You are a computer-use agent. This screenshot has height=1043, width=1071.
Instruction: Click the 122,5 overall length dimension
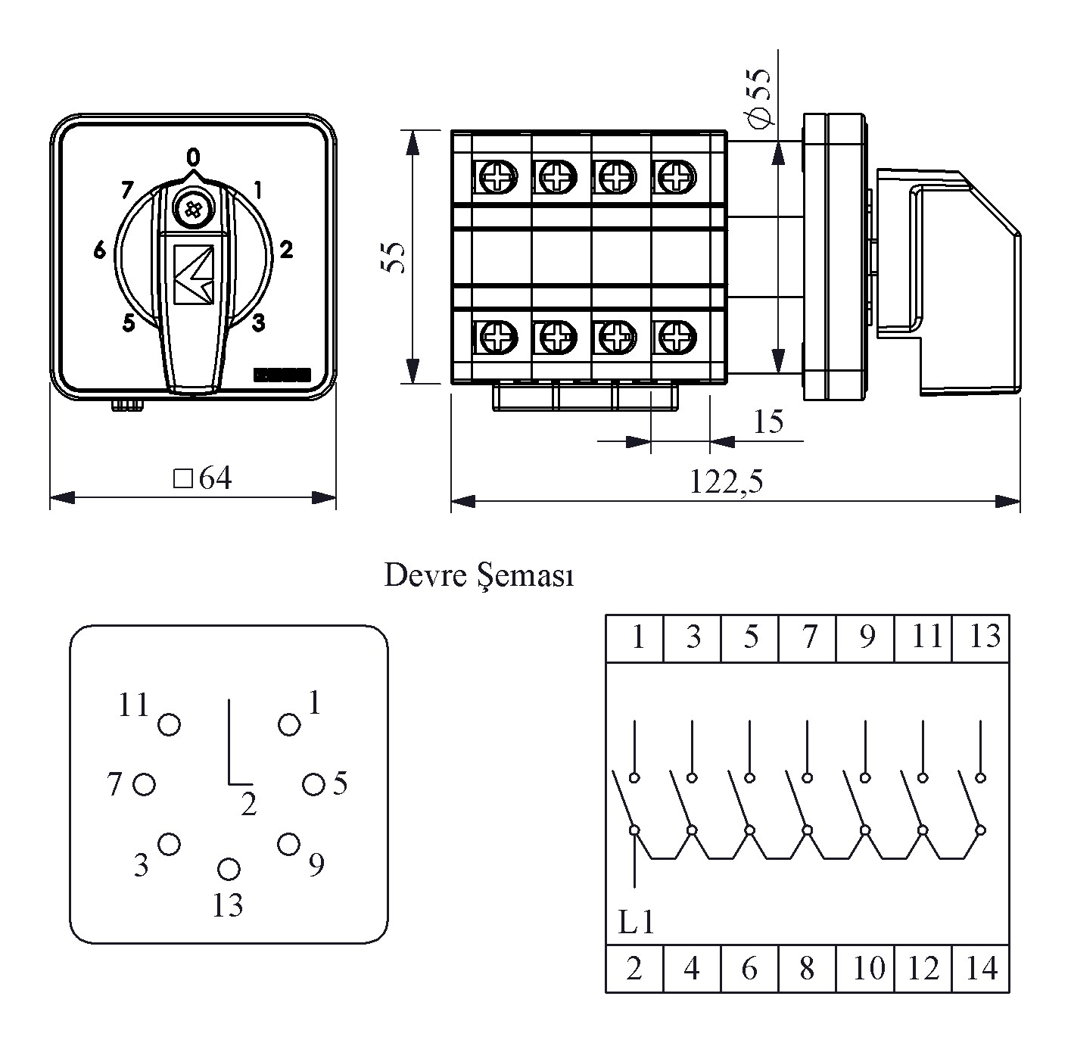[726, 481]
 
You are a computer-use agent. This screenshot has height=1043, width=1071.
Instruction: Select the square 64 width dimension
[203, 478]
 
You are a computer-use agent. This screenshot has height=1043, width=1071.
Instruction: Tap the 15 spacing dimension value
[768, 422]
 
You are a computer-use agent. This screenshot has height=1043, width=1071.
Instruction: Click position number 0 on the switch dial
[194, 157]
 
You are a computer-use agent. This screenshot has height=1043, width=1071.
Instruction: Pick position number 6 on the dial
[100, 250]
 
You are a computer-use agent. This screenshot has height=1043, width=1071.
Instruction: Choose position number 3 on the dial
[258, 323]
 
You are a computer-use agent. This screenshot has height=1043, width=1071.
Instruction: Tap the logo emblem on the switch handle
[194, 275]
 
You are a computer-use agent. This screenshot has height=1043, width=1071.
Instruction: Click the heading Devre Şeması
[479, 576]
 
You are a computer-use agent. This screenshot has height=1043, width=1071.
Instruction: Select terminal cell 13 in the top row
[982, 637]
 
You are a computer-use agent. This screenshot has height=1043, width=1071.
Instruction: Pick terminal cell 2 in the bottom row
[634, 968]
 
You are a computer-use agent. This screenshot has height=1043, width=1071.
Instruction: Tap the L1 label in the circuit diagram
[635, 922]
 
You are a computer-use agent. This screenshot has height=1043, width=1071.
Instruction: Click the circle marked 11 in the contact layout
[169, 724]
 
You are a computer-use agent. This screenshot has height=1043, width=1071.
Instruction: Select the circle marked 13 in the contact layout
[228, 870]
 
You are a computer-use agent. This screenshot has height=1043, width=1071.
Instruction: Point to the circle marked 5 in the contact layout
[313, 784]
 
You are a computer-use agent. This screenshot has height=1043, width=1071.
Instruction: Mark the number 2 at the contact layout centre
[249, 805]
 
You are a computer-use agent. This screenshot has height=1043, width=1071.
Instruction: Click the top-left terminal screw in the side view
[497, 179]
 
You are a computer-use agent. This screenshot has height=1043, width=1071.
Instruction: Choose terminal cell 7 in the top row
[808, 637]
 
